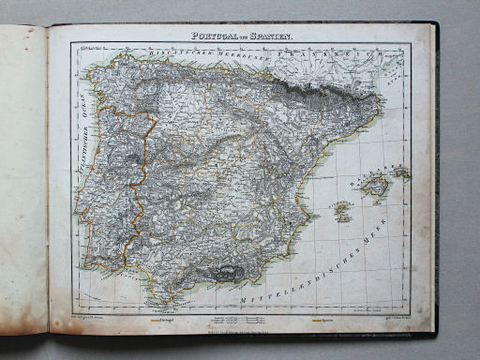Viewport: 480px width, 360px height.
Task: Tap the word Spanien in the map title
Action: [x=271, y=36]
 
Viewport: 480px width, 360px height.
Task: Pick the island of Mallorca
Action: [x=377, y=190]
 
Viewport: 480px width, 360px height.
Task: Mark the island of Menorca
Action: [x=401, y=173]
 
